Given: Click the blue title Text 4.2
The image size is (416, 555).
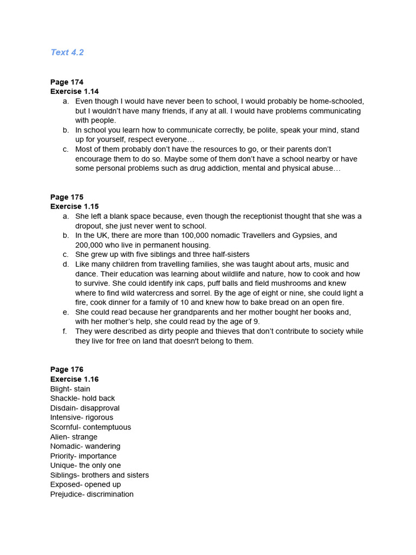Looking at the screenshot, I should pos(67,53).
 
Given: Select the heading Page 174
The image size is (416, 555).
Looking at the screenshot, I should pos(67,82).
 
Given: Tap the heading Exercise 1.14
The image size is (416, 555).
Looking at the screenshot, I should pos(74,92).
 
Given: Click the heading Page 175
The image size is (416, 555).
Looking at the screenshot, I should pos(67,197).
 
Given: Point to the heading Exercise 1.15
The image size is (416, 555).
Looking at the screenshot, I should pos(74,206).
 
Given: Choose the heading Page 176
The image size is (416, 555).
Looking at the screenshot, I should pos(67,370).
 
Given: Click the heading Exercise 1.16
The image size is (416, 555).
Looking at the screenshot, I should pos(74,379).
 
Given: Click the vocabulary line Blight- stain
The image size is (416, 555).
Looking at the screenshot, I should pos(70,389).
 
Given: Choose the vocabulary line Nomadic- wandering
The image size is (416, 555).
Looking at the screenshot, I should pos(85,447).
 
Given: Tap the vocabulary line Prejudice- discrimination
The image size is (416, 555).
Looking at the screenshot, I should pos(92,494).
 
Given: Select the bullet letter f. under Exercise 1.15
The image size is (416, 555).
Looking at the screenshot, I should pos(64,331).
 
